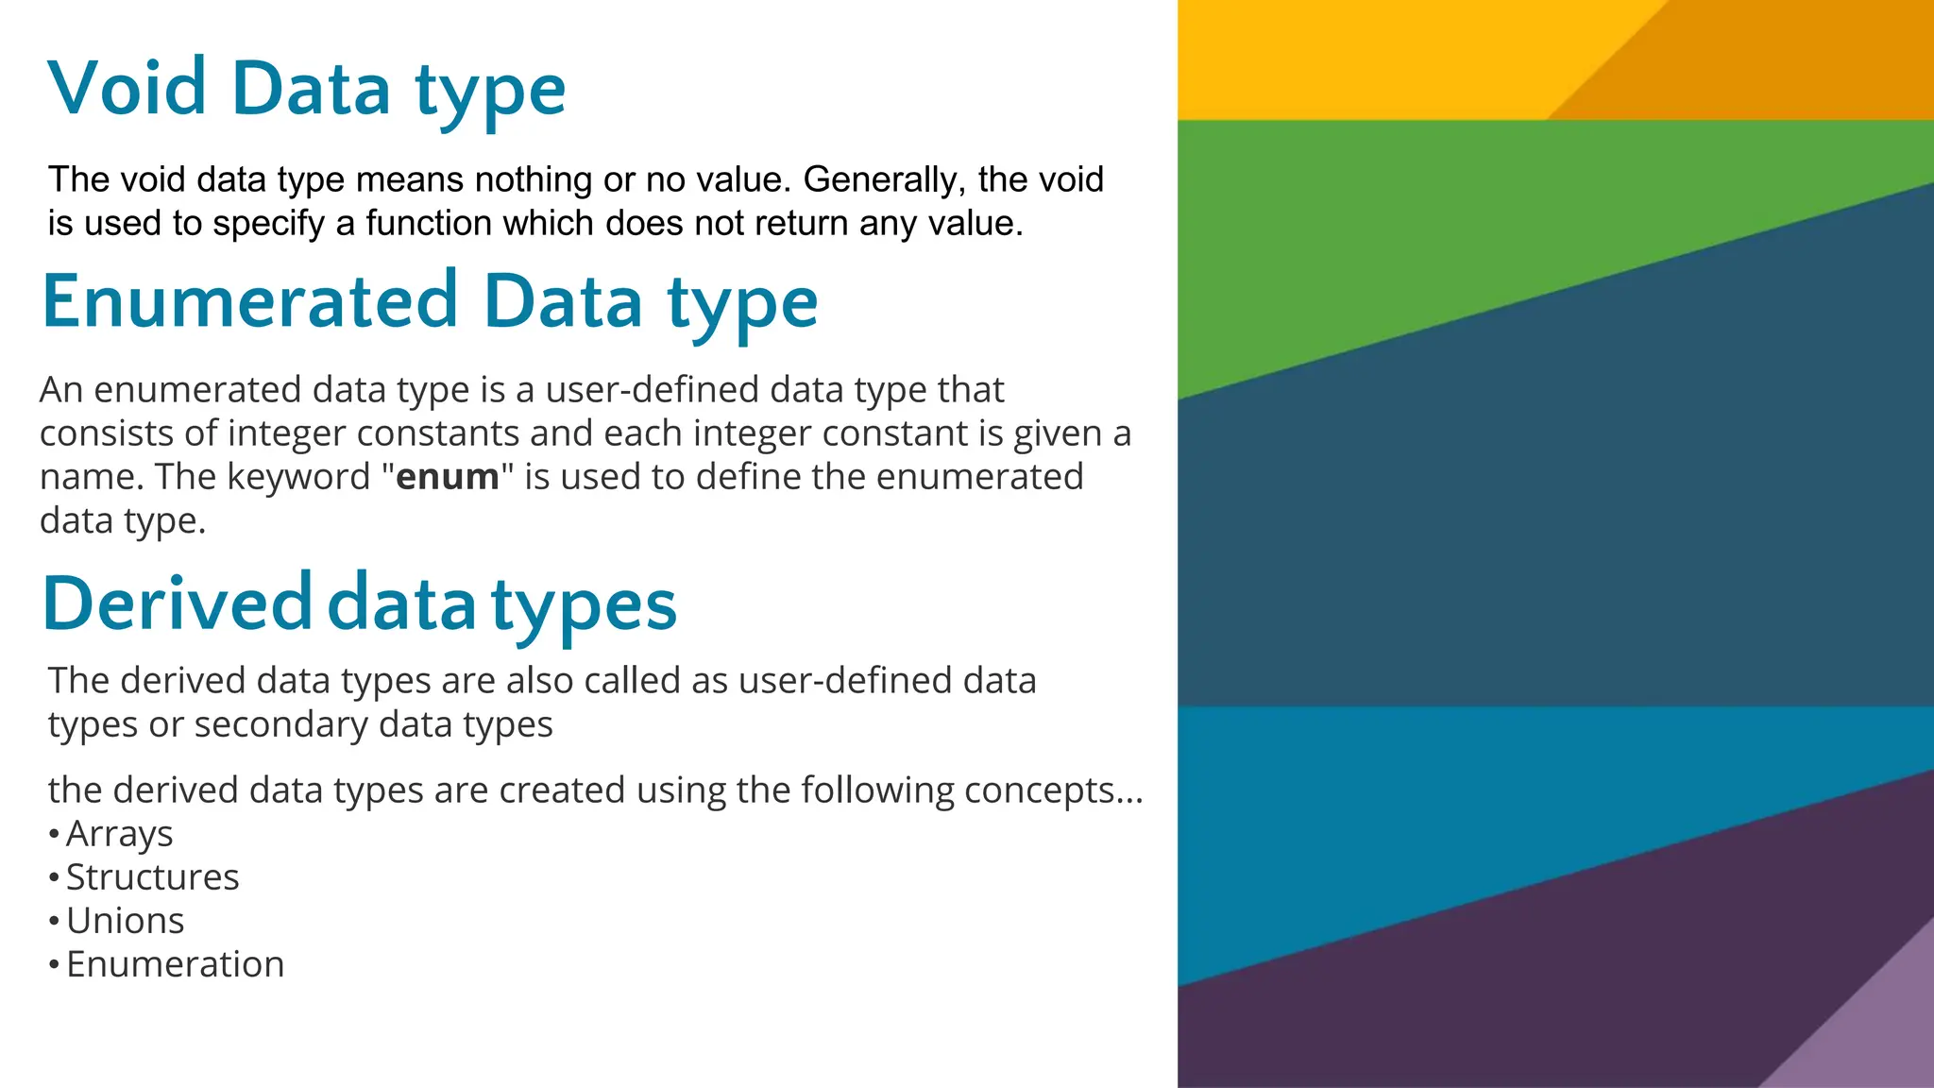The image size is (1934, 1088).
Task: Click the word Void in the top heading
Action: pyautogui.click(x=127, y=88)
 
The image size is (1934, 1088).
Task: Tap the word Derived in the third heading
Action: pyautogui.click(x=178, y=604)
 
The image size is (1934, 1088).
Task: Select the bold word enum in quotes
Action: pyautogui.click(x=447, y=477)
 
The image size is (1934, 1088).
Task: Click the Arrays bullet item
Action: pyautogui.click(x=119, y=834)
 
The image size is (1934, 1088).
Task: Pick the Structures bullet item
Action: pyautogui.click(x=152, y=877)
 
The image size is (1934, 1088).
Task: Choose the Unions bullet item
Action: pyautogui.click(x=125, y=921)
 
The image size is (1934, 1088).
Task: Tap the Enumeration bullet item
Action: pyautogui.click(x=175, y=964)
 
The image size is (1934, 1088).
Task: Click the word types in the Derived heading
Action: pyautogui.click(x=584, y=604)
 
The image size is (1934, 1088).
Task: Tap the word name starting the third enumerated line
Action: pyautogui.click(x=86, y=477)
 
